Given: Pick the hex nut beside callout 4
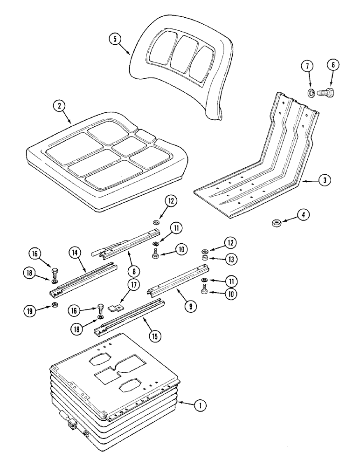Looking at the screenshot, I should click(x=276, y=224).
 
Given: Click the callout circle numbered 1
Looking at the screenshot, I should click(x=200, y=406).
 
